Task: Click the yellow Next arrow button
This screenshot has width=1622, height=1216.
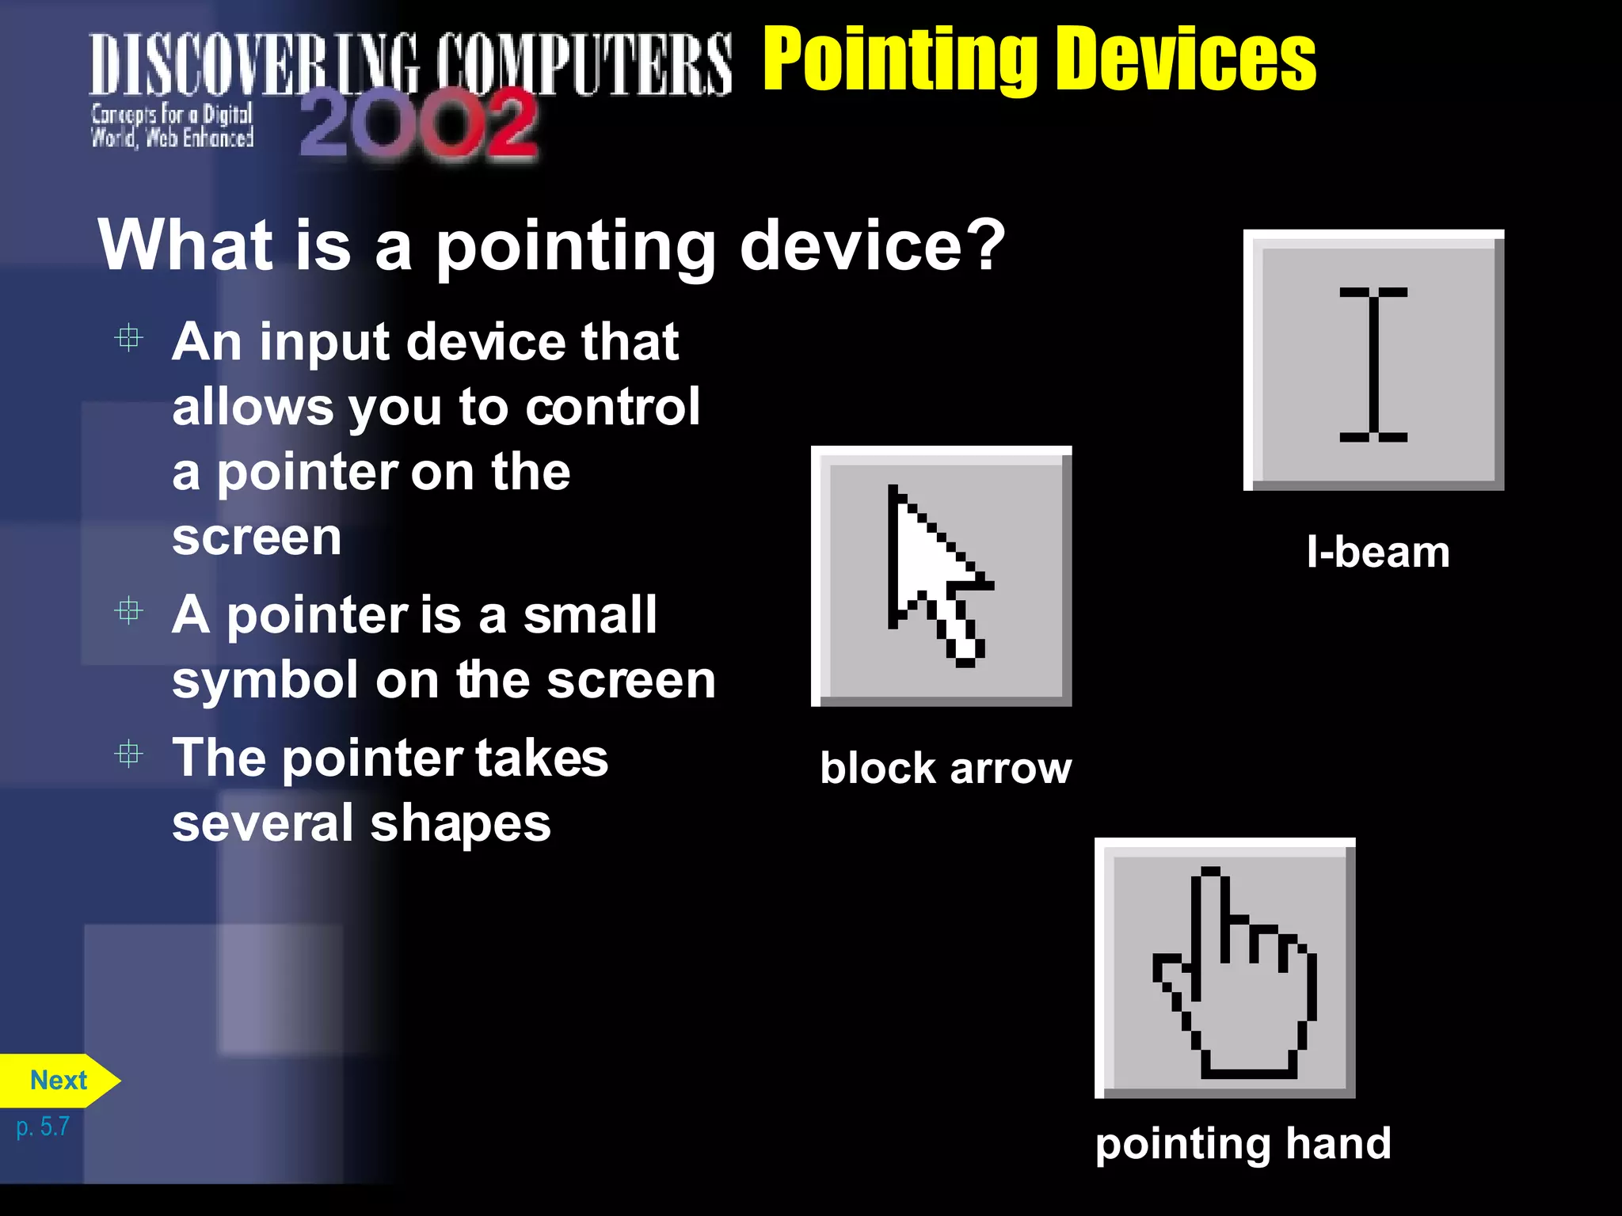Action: [59, 1081]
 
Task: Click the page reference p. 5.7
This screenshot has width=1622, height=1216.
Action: [43, 1127]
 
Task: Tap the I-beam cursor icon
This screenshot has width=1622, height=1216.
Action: [1373, 361]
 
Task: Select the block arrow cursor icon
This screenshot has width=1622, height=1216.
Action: [941, 576]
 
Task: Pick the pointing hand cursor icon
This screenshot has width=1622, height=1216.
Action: [1225, 968]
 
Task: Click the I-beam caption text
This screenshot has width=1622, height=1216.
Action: [1378, 552]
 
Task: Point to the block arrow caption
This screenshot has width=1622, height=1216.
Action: [946, 768]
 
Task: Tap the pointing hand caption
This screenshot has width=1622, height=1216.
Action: [1243, 1144]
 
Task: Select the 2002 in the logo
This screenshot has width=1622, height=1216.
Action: [418, 123]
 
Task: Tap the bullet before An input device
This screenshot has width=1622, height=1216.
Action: [128, 339]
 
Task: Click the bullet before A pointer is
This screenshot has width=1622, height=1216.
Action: [128, 611]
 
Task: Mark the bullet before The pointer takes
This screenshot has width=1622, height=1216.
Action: [128, 754]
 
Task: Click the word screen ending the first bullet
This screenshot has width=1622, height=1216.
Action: [257, 538]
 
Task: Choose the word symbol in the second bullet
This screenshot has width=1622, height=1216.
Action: [265, 681]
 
